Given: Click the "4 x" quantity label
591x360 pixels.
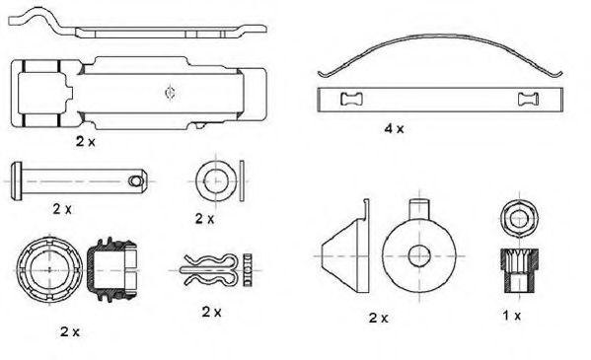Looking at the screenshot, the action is [x=394, y=129].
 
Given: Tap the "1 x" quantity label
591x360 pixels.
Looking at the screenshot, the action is [x=512, y=316].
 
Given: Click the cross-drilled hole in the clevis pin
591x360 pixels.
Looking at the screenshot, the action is [x=135, y=180].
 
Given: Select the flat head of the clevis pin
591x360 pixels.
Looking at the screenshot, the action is [x=17, y=180].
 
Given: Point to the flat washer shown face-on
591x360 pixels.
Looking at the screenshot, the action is [x=216, y=181].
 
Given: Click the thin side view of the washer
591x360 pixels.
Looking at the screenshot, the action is [x=242, y=181].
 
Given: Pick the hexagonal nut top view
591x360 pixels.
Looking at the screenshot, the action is [x=519, y=218].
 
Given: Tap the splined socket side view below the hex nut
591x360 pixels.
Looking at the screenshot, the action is [x=519, y=270].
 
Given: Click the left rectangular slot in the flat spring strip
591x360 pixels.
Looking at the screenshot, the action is [x=351, y=100].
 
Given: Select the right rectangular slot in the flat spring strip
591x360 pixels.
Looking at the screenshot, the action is [x=528, y=100].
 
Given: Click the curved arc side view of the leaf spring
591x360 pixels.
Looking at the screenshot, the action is [x=440, y=36].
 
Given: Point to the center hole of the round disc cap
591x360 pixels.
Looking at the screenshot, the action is [x=419, y=256].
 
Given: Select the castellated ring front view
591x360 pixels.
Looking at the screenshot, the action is [x=49, y=270].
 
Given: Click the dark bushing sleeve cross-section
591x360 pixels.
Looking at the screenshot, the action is [x=111, y=270].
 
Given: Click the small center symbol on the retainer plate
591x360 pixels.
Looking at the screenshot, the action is [x=171, y=92].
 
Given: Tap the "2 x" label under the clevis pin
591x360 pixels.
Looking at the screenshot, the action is [x=62, y=208].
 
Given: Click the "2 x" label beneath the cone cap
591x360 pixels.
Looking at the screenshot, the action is [x=378, y=318].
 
